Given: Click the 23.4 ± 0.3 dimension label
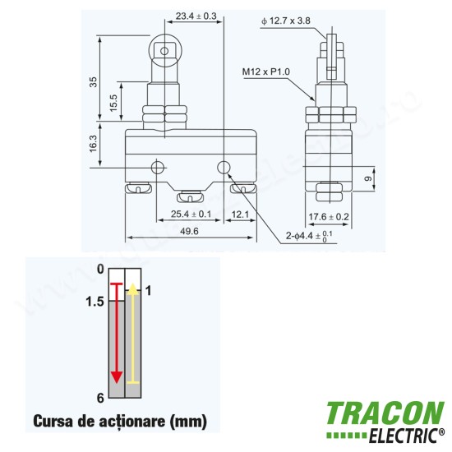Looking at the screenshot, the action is [196, 16].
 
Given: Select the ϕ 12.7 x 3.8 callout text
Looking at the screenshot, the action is [286, 21].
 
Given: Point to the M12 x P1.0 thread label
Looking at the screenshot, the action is [265, 71].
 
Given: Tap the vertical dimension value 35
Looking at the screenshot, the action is [94, 82].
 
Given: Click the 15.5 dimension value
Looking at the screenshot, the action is [113, 103].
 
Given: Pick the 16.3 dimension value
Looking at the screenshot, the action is [94, 144].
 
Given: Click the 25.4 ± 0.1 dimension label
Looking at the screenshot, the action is [191, 214].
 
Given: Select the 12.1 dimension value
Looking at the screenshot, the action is [240, 214].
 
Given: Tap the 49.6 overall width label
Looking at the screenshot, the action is [189, 231].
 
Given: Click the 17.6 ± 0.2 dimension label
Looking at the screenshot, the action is [329, 216].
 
